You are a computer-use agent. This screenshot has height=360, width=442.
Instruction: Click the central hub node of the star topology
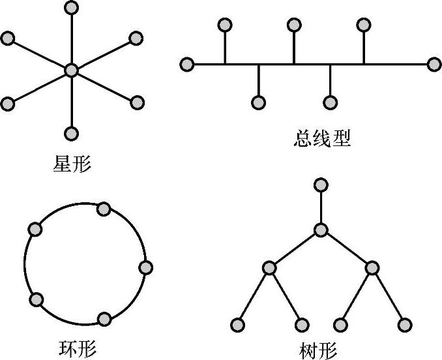(x=72, y=70)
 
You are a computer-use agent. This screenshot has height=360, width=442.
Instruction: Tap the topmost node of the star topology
(x=72, y=8)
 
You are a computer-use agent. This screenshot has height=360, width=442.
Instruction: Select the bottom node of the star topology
(x=72, y=133)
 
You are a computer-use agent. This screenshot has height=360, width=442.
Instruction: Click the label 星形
(x=72, y=162)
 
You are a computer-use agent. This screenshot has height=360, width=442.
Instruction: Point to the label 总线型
(x=323, y=138)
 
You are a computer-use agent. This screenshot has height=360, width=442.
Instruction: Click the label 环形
(x=77, y=348)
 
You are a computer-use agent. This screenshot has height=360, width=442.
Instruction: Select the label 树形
(x=319, y=350)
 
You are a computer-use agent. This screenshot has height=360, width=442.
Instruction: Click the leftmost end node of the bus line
(x=187, y=64)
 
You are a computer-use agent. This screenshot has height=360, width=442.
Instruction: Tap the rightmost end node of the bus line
(x=434, y=64)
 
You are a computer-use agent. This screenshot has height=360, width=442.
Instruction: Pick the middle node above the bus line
(x=294, y=25)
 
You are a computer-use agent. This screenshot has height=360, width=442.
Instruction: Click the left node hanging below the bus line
(x=259, y=102)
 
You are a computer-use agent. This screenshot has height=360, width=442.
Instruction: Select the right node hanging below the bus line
(x=330, y=102)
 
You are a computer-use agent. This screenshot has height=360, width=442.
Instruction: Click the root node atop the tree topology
(x=320, y=185)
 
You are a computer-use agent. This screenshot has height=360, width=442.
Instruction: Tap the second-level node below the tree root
(x=320, y=230)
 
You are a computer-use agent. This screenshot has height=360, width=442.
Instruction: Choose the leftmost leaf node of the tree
(x=237, y=324)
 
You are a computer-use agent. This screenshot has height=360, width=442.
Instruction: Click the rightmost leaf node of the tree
(x=405, y=324)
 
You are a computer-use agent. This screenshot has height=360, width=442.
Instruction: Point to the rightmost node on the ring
(x=145, y=267)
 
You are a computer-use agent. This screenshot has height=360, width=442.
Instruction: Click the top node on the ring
(x=103, y=209)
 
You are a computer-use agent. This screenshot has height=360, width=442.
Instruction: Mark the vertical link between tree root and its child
(x=320, y=207)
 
